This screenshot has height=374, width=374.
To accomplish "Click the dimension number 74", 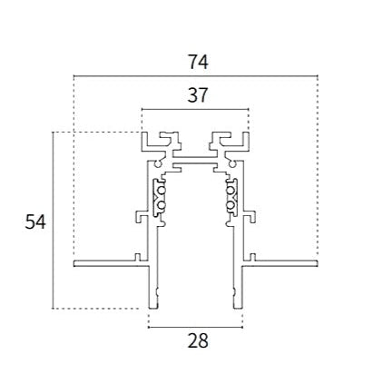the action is point(199,62).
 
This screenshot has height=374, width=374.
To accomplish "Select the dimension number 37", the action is point(198,95).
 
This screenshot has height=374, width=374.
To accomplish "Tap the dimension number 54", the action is point(35,221).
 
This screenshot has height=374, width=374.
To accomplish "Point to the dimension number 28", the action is point(198,340).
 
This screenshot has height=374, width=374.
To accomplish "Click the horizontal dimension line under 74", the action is point(195,75).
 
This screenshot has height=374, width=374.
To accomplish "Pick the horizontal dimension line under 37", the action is point(195,109).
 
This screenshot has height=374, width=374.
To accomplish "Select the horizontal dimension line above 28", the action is point(195,327).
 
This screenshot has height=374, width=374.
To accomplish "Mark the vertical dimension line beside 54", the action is point(53,221).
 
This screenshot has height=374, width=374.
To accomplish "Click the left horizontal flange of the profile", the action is point(112,263).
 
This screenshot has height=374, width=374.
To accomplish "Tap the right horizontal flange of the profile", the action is point(280,263).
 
